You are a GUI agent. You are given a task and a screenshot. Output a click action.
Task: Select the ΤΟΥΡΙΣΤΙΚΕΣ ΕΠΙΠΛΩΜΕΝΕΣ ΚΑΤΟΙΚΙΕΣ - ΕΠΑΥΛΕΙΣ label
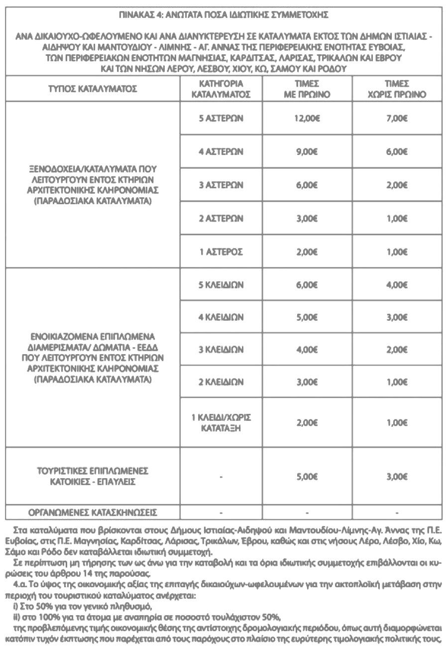[x=93, y=476]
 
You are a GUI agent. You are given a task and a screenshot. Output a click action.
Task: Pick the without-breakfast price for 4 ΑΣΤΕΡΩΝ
[x=397, y=152]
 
